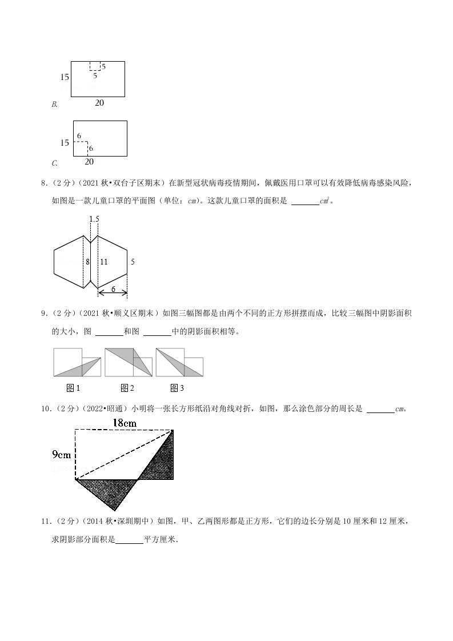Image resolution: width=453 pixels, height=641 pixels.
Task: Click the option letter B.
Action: point(54,105)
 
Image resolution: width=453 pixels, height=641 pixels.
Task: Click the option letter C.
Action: point(54,163)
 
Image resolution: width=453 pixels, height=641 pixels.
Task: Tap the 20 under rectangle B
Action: point(99,103)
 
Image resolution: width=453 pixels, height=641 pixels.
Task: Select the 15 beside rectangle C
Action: point(65,142)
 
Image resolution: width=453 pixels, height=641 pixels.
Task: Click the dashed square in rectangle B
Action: point(95,66)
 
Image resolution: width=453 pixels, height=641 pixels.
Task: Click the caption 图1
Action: point(73,388)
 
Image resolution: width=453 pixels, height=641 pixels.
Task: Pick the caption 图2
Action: point(127,388)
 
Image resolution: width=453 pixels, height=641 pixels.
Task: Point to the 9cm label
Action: point(62,455)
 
